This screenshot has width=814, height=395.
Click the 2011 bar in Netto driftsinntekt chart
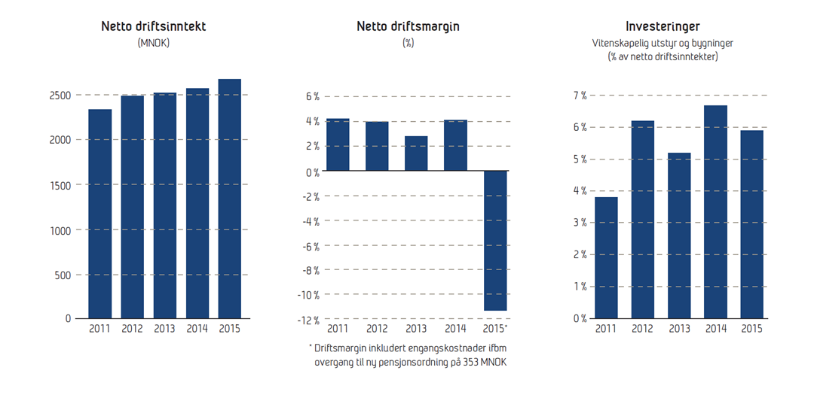[99, 214]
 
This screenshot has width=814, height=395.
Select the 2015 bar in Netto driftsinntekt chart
[230, 199]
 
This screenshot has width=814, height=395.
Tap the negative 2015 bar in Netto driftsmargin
[494, 240]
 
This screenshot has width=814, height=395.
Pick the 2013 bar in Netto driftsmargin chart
[416, 153]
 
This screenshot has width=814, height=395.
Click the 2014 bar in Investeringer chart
[715, 211]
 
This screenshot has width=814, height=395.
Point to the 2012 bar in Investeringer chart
[642, 219]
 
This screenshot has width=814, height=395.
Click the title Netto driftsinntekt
[154, 26]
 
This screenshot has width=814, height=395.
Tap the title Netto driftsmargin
[408, 26]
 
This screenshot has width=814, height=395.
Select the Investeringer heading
[662, 26]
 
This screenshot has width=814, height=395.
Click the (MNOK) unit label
[154, 43]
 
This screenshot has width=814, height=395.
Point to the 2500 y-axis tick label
[60, 96]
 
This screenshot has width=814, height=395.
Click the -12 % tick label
[308, 321]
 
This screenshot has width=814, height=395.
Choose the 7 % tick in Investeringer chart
[579, 96]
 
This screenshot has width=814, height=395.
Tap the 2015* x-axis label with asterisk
[495, 329]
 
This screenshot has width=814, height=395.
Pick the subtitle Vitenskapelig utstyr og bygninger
[662, 44]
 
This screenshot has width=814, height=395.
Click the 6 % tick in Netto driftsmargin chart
[312, 96]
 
